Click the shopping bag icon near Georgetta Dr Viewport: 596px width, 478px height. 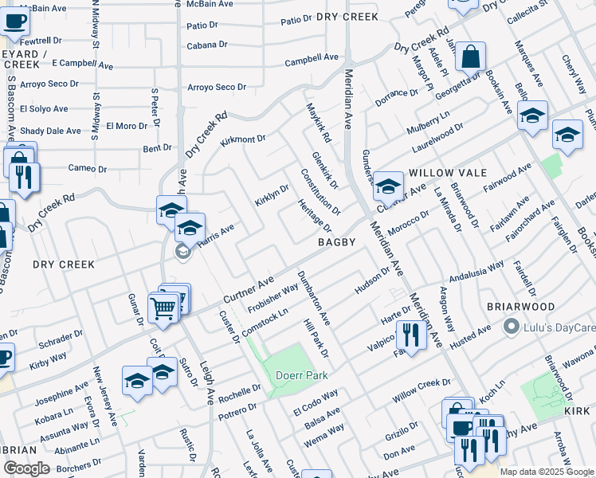(471, 56)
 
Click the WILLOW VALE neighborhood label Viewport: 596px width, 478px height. (441, 173)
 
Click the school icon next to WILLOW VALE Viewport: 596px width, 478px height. (388, 186)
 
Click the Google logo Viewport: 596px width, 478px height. (26, 468)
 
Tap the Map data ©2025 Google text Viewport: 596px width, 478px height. (547, 472)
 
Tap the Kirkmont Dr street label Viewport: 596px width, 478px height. (242, 139)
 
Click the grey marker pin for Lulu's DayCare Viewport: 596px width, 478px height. (512, 327)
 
